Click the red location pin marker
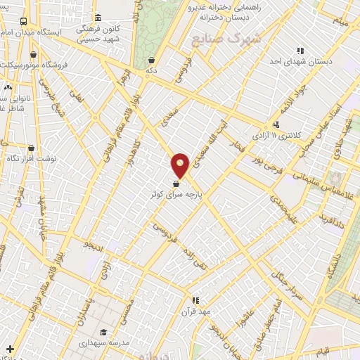pyautogui.click(x=181, y=165)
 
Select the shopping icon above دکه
pyautogui.click(x=152, y=60)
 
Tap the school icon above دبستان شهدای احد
pyautogui.click(x=300, y=51)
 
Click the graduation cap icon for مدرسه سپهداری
pyautogui.click(x=103, y=333)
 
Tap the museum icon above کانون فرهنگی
pyautogui.click(x=97, y=18)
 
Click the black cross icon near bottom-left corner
pyautogui.click(x=9, y=349)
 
